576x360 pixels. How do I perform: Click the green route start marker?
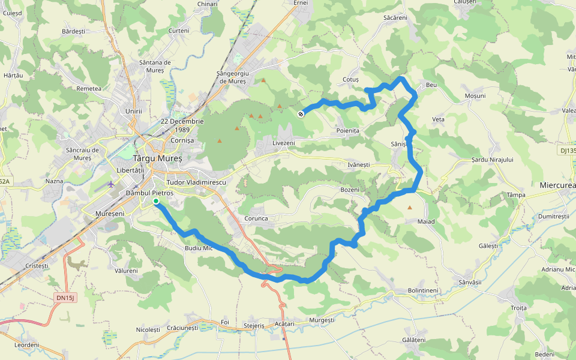pos(156,202)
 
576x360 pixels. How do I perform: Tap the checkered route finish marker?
pos(301,113)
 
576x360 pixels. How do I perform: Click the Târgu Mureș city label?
pos(157,158)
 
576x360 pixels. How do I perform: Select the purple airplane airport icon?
pos(111,184)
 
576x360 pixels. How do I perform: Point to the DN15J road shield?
pos(67,297)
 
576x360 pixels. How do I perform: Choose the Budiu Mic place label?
pos(199,248)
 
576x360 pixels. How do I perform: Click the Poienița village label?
pos(347,130)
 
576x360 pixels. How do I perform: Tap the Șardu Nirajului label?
pos(492,160)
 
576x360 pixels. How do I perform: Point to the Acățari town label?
pos(284,323)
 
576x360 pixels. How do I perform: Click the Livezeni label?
pos(284,143)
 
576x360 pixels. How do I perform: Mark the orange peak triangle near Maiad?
pos(410,208)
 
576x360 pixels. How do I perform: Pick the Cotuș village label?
pos(350,79)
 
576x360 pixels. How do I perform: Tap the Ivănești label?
pos(359,164)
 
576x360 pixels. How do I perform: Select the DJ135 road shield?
pos(568,151)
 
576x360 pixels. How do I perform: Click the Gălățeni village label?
pos(413,340)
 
